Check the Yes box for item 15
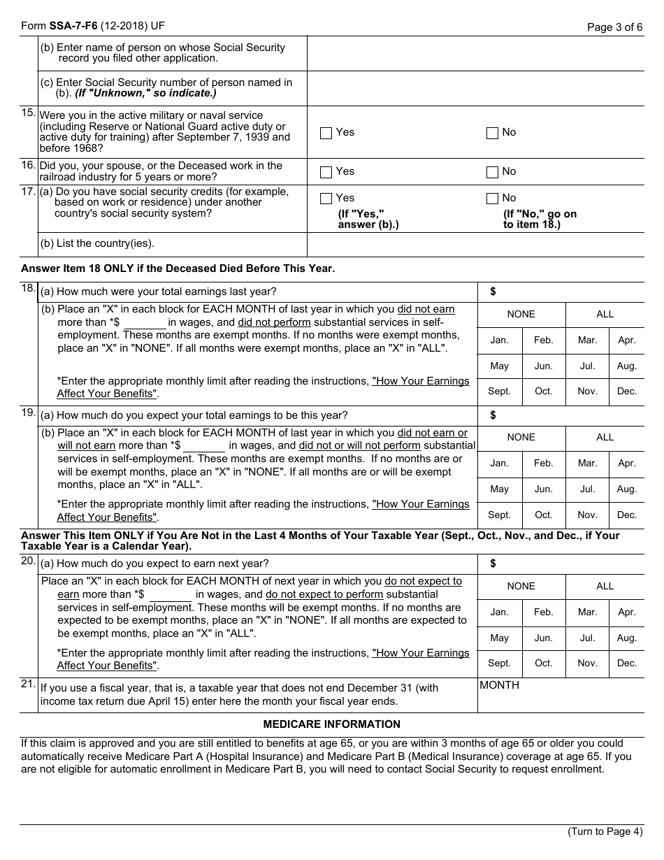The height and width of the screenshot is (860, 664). [x=326, y=133]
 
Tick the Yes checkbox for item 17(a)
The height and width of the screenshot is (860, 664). [x=326, y=199]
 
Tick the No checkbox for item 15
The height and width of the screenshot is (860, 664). [x=492, y=133]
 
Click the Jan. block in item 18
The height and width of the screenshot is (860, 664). [x=499, y=341]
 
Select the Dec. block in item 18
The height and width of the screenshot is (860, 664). [x=627, y=392]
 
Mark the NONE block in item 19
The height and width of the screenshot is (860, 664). [x=521, y=438]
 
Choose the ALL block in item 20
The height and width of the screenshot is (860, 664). [x=605, y=587]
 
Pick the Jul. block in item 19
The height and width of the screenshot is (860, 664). [x=587, y=489]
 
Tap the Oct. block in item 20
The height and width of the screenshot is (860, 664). [x=543, y=664]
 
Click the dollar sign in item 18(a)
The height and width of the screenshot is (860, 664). [x=493, y=292]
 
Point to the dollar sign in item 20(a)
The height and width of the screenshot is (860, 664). [x=493, y=564]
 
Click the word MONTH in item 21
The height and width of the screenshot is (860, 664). [x=499, y=686]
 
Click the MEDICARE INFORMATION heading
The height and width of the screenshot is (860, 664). [x=331, y=724]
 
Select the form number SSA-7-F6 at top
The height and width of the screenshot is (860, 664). [x=73, y=27]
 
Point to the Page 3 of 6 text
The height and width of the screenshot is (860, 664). [x=614, y=28]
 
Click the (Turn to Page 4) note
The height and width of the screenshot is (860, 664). [x=604, y=832]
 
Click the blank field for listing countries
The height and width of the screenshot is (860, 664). [x=475, y=244]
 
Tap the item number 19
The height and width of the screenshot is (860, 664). [x=29, y=413]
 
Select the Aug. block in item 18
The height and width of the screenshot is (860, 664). [x=627, y=366]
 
